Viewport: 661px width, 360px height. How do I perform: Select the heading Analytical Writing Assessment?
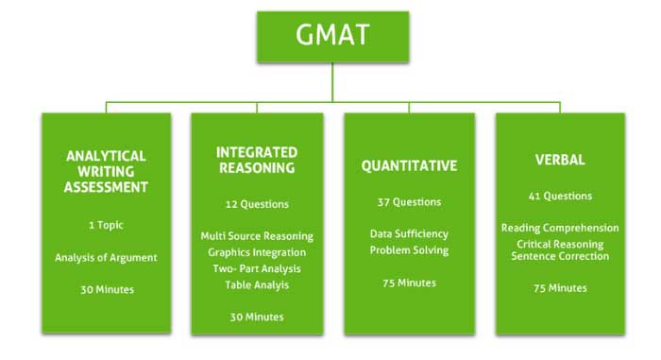click(106, 171)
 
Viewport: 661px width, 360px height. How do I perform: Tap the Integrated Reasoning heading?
click(257, 160)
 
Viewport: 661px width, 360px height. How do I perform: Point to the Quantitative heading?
click(409, 165)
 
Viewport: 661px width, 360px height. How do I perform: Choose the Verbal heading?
click(561, 160)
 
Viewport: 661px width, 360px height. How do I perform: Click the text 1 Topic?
click(106, 226)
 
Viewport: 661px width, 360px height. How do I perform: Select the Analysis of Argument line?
click(106, 257)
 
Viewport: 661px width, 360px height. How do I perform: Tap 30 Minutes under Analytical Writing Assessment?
click(106, 290)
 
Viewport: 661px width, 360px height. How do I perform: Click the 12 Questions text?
click(257, 204)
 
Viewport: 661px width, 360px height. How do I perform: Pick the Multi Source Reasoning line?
click(257, 236)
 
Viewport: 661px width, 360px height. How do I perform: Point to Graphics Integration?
click(257, 252)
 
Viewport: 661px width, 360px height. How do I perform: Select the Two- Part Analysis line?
click(257, 268)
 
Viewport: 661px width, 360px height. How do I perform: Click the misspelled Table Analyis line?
click(257, 284)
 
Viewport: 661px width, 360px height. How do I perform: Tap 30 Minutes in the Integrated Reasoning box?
click(257, 317)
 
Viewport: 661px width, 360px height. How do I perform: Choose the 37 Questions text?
click(409, 202)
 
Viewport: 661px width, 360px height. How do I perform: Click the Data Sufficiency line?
click(409, 233)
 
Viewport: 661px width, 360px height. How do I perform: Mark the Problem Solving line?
click(409, 250)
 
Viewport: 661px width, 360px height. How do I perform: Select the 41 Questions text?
click(561, 197)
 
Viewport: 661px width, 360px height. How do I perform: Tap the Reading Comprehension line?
click(561, 228)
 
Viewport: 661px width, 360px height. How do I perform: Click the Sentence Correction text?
click(561, 256)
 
